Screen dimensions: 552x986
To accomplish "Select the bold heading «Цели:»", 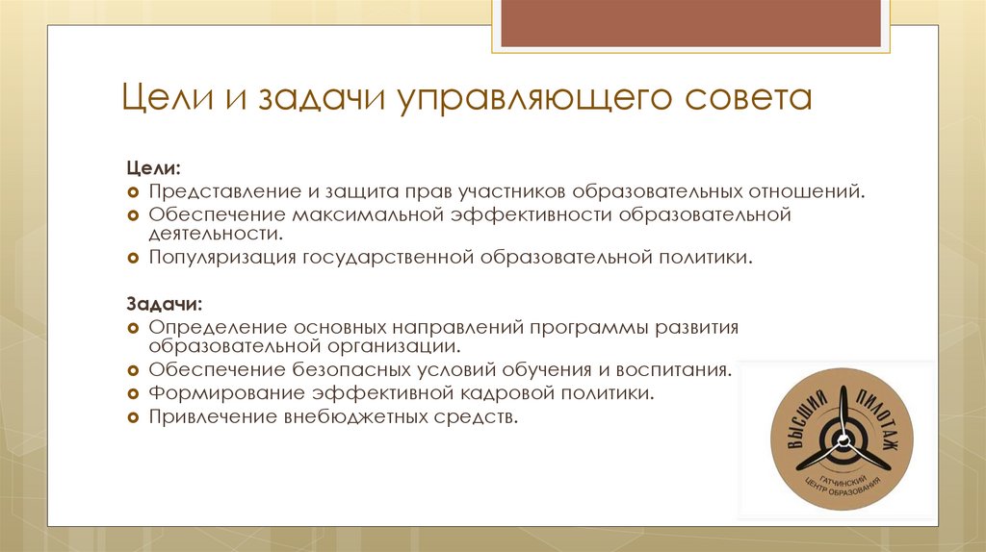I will (x=152, y=168).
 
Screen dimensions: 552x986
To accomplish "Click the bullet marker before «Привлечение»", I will (x=134, y=417).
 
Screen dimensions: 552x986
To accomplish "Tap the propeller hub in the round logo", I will (x=843, y=441).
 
